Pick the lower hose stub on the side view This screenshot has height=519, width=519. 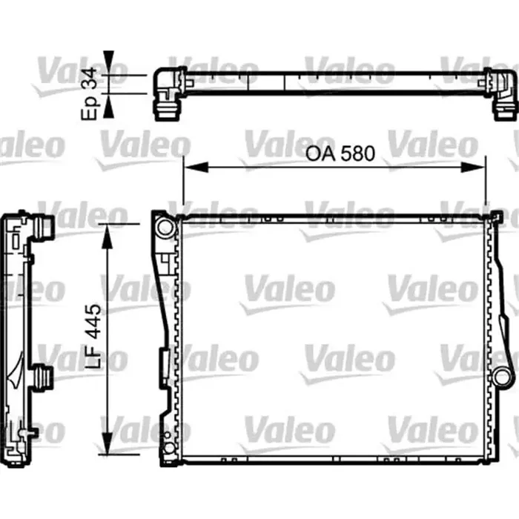pos(44,376)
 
